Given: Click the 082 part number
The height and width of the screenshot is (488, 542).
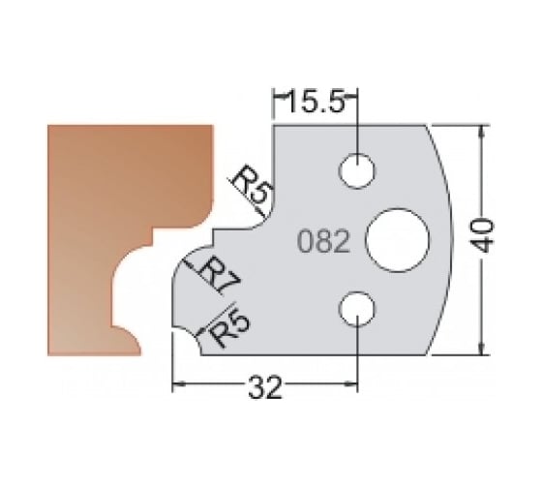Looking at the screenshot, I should pos(320,241).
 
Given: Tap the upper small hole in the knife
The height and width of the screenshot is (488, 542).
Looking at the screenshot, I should pos(357,170).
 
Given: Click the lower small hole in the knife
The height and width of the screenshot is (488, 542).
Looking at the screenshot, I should pos(357,310).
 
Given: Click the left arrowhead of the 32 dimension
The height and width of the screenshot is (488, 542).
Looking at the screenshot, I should pos(178,387).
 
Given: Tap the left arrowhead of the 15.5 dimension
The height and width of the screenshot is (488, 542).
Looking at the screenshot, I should pos(279,95).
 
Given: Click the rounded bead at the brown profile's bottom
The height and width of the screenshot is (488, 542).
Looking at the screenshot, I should pos(132,339).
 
